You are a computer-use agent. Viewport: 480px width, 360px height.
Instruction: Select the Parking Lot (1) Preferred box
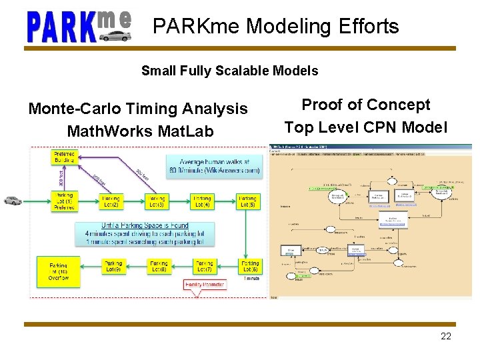[65, 201]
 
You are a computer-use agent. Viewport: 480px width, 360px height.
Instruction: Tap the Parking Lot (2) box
[111, 201]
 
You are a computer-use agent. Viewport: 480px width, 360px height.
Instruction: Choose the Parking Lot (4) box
[202, 201]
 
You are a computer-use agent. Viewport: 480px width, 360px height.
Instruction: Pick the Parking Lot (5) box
[247, 201]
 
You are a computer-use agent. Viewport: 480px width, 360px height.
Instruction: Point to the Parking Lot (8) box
[159, 266]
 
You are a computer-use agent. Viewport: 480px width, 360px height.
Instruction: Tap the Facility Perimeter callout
[205, 285]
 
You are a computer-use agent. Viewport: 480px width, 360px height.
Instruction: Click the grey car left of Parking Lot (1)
[12, 199]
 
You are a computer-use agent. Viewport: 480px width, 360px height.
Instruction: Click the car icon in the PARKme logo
[115, 35]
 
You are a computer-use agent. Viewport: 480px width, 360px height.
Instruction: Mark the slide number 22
[446, 336]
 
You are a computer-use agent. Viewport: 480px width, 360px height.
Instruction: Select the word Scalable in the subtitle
[243, 71]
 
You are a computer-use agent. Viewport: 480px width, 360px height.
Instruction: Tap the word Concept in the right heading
[398, 105]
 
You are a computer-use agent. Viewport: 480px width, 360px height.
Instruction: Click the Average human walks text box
[215, 165]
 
